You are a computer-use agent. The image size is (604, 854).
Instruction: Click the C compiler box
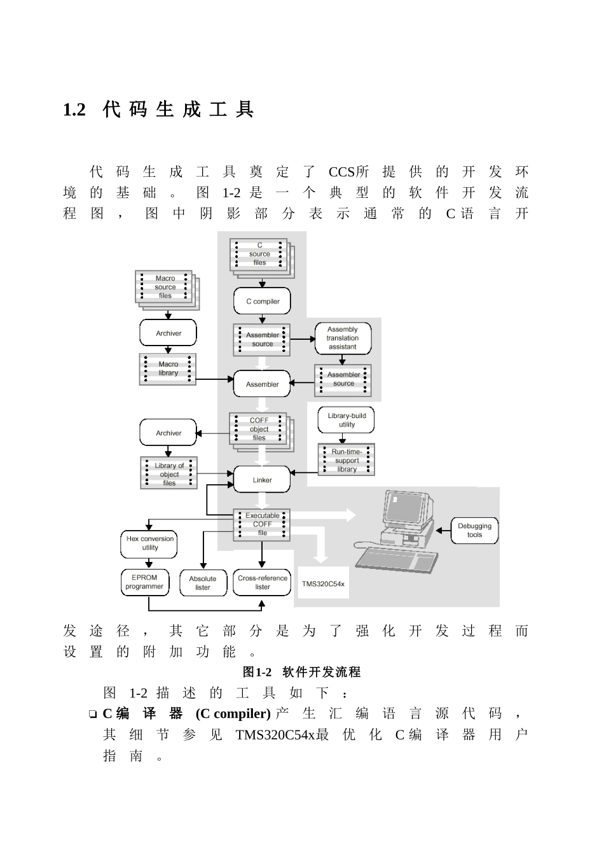point(263,302)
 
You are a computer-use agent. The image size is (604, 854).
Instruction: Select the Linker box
point(262,480)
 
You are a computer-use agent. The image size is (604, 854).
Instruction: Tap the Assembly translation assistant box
point(343,338)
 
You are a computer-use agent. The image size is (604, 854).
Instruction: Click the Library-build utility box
point(347,420)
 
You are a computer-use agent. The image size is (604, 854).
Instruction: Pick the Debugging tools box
point(474,531)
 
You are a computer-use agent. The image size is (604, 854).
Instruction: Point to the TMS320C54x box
point(323,583)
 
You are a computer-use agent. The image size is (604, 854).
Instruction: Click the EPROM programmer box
point(145,582)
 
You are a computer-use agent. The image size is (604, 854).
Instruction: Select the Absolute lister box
point(203,583)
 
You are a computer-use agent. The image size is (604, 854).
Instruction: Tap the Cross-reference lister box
point(262,582)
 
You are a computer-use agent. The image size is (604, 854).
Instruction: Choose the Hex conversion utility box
point(150,543)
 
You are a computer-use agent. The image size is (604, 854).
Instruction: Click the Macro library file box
point(168,369)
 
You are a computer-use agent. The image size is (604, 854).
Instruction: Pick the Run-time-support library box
point(347,460)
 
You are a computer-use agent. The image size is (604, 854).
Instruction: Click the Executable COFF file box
point(262,524)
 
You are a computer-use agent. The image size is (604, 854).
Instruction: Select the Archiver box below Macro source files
point(168,333)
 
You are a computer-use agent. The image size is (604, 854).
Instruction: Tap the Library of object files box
point(169,474)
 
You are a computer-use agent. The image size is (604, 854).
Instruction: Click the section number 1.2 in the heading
point(74,111)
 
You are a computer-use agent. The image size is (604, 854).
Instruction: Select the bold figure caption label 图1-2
point(257,672)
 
